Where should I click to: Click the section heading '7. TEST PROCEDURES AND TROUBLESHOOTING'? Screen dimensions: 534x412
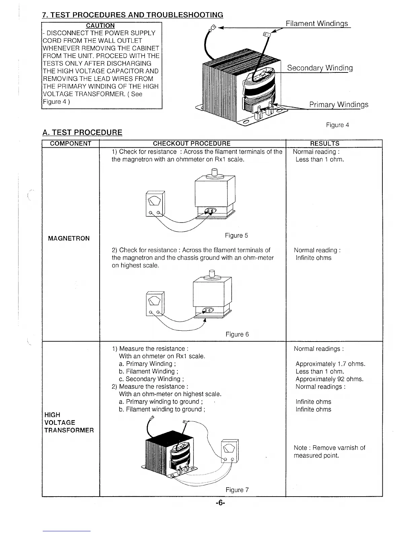[x=133, y=15]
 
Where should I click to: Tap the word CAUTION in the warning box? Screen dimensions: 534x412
[x=100, y=26]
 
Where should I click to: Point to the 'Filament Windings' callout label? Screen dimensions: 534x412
[x=316, y=24]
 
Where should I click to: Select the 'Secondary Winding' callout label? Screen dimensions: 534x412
[x=320, y=68]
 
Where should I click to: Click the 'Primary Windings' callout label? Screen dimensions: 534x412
[x=339, y=105]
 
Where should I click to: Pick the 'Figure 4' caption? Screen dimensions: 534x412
[x=337, y=125]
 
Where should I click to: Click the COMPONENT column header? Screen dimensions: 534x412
[x=71, y=144]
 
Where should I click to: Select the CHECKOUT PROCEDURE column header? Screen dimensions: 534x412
[x=192, y=144]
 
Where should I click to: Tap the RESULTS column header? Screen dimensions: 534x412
[x=324, y=144]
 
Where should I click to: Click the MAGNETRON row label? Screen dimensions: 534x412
[x=69, y=239]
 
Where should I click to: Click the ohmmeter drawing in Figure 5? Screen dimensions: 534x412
[x=155, y=203]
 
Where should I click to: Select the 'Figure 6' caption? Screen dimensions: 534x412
[x=237, y=334]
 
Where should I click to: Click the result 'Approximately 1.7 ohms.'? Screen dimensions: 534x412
[x=330, y=364]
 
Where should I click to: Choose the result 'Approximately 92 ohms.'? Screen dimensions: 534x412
[x=329, y=379]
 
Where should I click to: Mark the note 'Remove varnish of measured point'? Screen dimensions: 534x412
[x=329, y=452]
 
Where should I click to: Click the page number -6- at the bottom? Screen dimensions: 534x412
[x=220, y=503]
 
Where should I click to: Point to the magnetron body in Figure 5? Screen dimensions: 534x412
[x=215, y=192]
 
